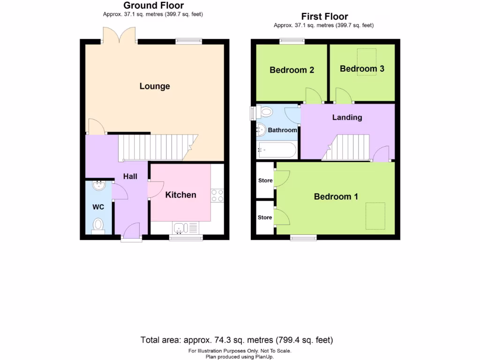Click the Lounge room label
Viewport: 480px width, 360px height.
point(155,86)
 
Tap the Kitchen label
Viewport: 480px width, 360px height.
point(180,195)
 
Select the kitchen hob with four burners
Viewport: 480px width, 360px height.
point(217,195)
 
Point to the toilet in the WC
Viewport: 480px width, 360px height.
point(98,225)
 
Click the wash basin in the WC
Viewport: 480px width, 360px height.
point(99,186)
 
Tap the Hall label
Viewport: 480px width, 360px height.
point(130,176)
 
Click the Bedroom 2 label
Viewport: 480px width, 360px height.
point(292,70)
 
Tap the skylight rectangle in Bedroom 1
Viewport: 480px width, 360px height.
point(375,216)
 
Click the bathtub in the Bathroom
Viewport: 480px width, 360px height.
point(277,150)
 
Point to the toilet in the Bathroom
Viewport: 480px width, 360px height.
point(265,112)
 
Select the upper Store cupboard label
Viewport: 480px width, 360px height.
point(265,180)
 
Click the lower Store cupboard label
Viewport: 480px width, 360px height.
point(265,217)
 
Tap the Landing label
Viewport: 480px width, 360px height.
point(347,117)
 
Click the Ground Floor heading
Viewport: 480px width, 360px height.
point(153,6)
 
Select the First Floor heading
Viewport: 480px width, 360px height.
point(324,17)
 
